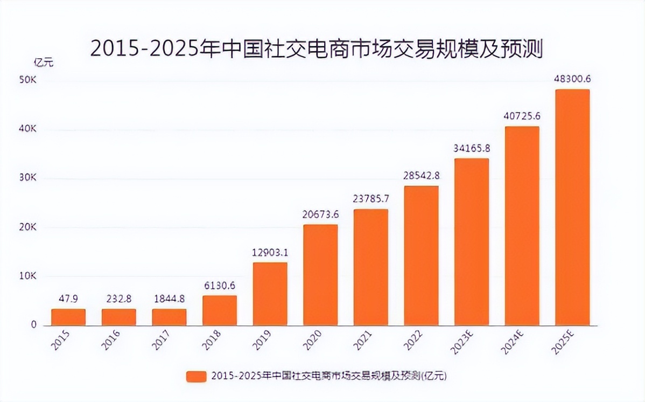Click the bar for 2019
coord(270,294)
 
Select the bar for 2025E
coord(572,207)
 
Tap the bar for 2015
coord(68,317)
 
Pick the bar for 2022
coord(421,255)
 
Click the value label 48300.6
coord(572,79)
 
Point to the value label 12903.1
coord(270,252)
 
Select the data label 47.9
coord(68,299)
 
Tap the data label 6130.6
coord(220,286)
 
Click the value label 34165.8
coord(472,148)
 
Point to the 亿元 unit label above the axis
coord(44,62)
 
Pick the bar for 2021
coord(371,267)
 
